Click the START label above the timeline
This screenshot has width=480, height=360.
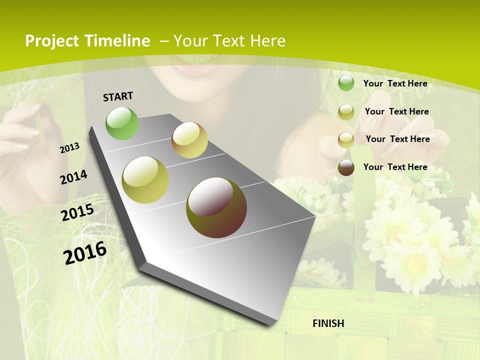[118, 96]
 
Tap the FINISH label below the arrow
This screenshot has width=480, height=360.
[328, 323]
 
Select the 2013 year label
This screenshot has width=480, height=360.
[70, 147]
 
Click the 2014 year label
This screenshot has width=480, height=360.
[74, 177]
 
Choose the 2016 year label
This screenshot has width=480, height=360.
[85, 253]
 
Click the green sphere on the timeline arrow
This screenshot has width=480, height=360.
[122, 123]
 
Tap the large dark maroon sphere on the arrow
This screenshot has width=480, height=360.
[216, 207]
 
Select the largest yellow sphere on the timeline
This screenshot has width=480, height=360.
[145, 180]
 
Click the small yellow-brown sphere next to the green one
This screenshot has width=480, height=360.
[189, 140]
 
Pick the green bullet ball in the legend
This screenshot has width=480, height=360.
[346, 83]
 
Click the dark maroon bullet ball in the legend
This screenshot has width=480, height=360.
[346, 167]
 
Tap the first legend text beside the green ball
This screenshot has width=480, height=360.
[395, 83]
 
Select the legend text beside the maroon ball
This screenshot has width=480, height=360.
[395, 167]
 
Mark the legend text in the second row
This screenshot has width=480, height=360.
[396, 111]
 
